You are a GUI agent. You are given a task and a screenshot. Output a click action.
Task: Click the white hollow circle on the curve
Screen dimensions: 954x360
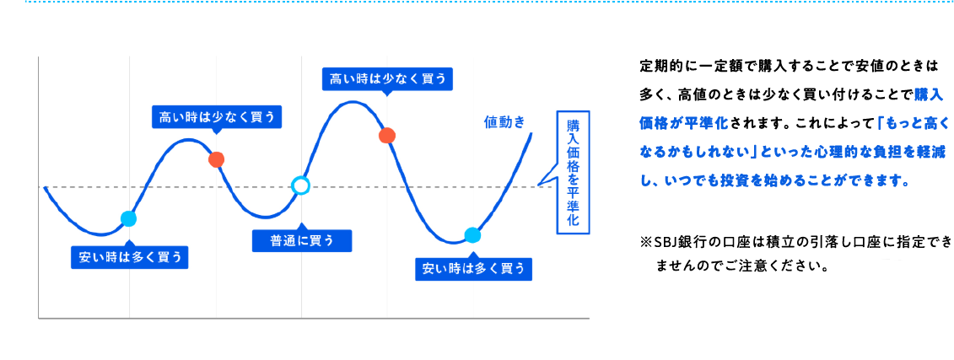[x=300, y=185]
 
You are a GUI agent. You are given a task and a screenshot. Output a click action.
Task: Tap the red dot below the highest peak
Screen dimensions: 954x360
[x=387, y=135]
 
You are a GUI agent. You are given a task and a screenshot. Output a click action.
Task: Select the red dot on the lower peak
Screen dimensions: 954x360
[x=216, y=159]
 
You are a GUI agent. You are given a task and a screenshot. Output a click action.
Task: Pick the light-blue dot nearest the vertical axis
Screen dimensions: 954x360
[x=128, y=218]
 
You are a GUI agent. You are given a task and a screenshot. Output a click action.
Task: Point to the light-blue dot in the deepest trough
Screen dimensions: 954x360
[x=472, y=234]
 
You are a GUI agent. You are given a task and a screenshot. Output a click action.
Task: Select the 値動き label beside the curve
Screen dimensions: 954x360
[x=504, y=122]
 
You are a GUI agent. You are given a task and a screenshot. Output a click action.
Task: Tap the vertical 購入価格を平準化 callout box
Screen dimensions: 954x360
[x=573, y=172]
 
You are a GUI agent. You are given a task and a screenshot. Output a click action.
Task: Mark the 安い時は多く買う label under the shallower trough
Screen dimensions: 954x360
[x=130, y=256]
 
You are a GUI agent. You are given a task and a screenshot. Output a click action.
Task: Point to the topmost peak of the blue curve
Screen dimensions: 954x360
[x=353, y=102]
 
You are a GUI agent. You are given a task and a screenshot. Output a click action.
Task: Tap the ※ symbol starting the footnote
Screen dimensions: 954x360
[x=645, y=244]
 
